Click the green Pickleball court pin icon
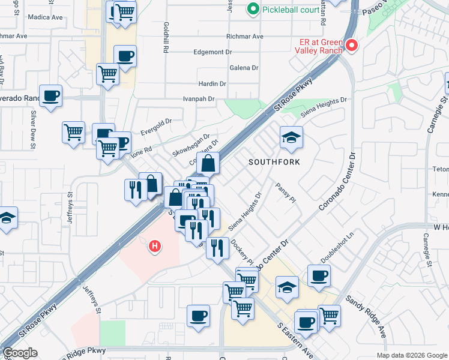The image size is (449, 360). [x=253, y=9]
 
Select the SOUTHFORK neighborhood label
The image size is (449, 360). [x=274, y=162]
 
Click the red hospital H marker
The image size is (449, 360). [x=155, y=246]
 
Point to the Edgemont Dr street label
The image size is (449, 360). [x=212, y=52]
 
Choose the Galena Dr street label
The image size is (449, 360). [x=243, y=68]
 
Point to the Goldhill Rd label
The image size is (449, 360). [x=165, y=38]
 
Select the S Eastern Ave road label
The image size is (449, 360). [x=295, y=341]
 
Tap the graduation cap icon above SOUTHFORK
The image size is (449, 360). [x=291, y=139]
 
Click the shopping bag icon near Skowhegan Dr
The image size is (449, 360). [x=207, y=163]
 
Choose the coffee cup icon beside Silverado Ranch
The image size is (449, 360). [x=51, y=95]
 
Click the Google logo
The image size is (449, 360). [x=20, y=353]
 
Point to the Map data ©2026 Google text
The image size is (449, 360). [x=412, y=355]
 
